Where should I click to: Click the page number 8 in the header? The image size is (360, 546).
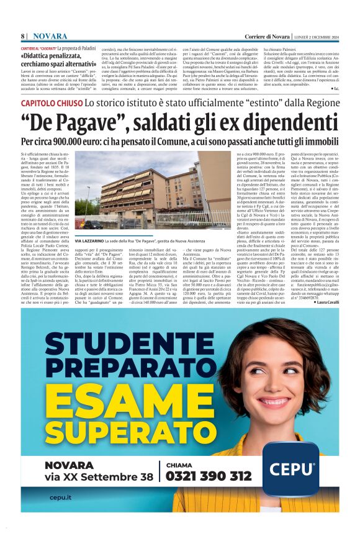[x=23, y=37]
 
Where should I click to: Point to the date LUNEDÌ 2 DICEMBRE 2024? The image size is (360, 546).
[x=317, y=37]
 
